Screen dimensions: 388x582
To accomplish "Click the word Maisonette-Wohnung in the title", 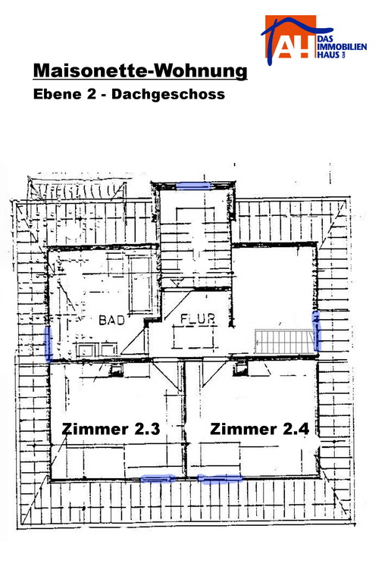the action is click(x=140, y=70).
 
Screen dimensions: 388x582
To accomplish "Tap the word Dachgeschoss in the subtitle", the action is click(x=168, y=94).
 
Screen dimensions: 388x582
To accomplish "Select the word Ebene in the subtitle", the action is click(x=57, y=93).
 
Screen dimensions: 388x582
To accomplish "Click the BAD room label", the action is click(x=111, y=320).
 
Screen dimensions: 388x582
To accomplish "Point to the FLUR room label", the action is click(x=198, y=318).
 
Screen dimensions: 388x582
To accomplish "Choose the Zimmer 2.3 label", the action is click(x=111, y=429).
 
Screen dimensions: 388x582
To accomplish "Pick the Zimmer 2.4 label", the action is click(x=259, y=429).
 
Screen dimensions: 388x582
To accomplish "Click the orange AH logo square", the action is click(x=290, y=36).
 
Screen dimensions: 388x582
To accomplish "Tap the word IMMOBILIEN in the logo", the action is click(x=343, y=47).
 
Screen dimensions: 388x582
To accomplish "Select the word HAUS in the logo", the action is click(x=329, y=55).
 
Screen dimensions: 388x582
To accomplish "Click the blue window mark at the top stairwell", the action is click(x=193, y=186).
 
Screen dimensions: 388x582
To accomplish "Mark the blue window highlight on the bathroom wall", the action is click(x=48, y=344).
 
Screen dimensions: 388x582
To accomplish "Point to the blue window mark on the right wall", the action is click(x=316, y=330).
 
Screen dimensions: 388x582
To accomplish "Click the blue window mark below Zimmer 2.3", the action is click(x=158, y=478).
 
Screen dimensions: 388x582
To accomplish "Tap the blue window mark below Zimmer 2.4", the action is click(x=220, y=479).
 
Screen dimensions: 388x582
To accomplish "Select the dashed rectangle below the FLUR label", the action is click(x=193, y=337).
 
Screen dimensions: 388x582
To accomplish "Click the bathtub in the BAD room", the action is click(x=141, y=285).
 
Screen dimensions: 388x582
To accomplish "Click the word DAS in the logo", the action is click(x=326, y=39).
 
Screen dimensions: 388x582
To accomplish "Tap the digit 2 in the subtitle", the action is click(x=92, y=93).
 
